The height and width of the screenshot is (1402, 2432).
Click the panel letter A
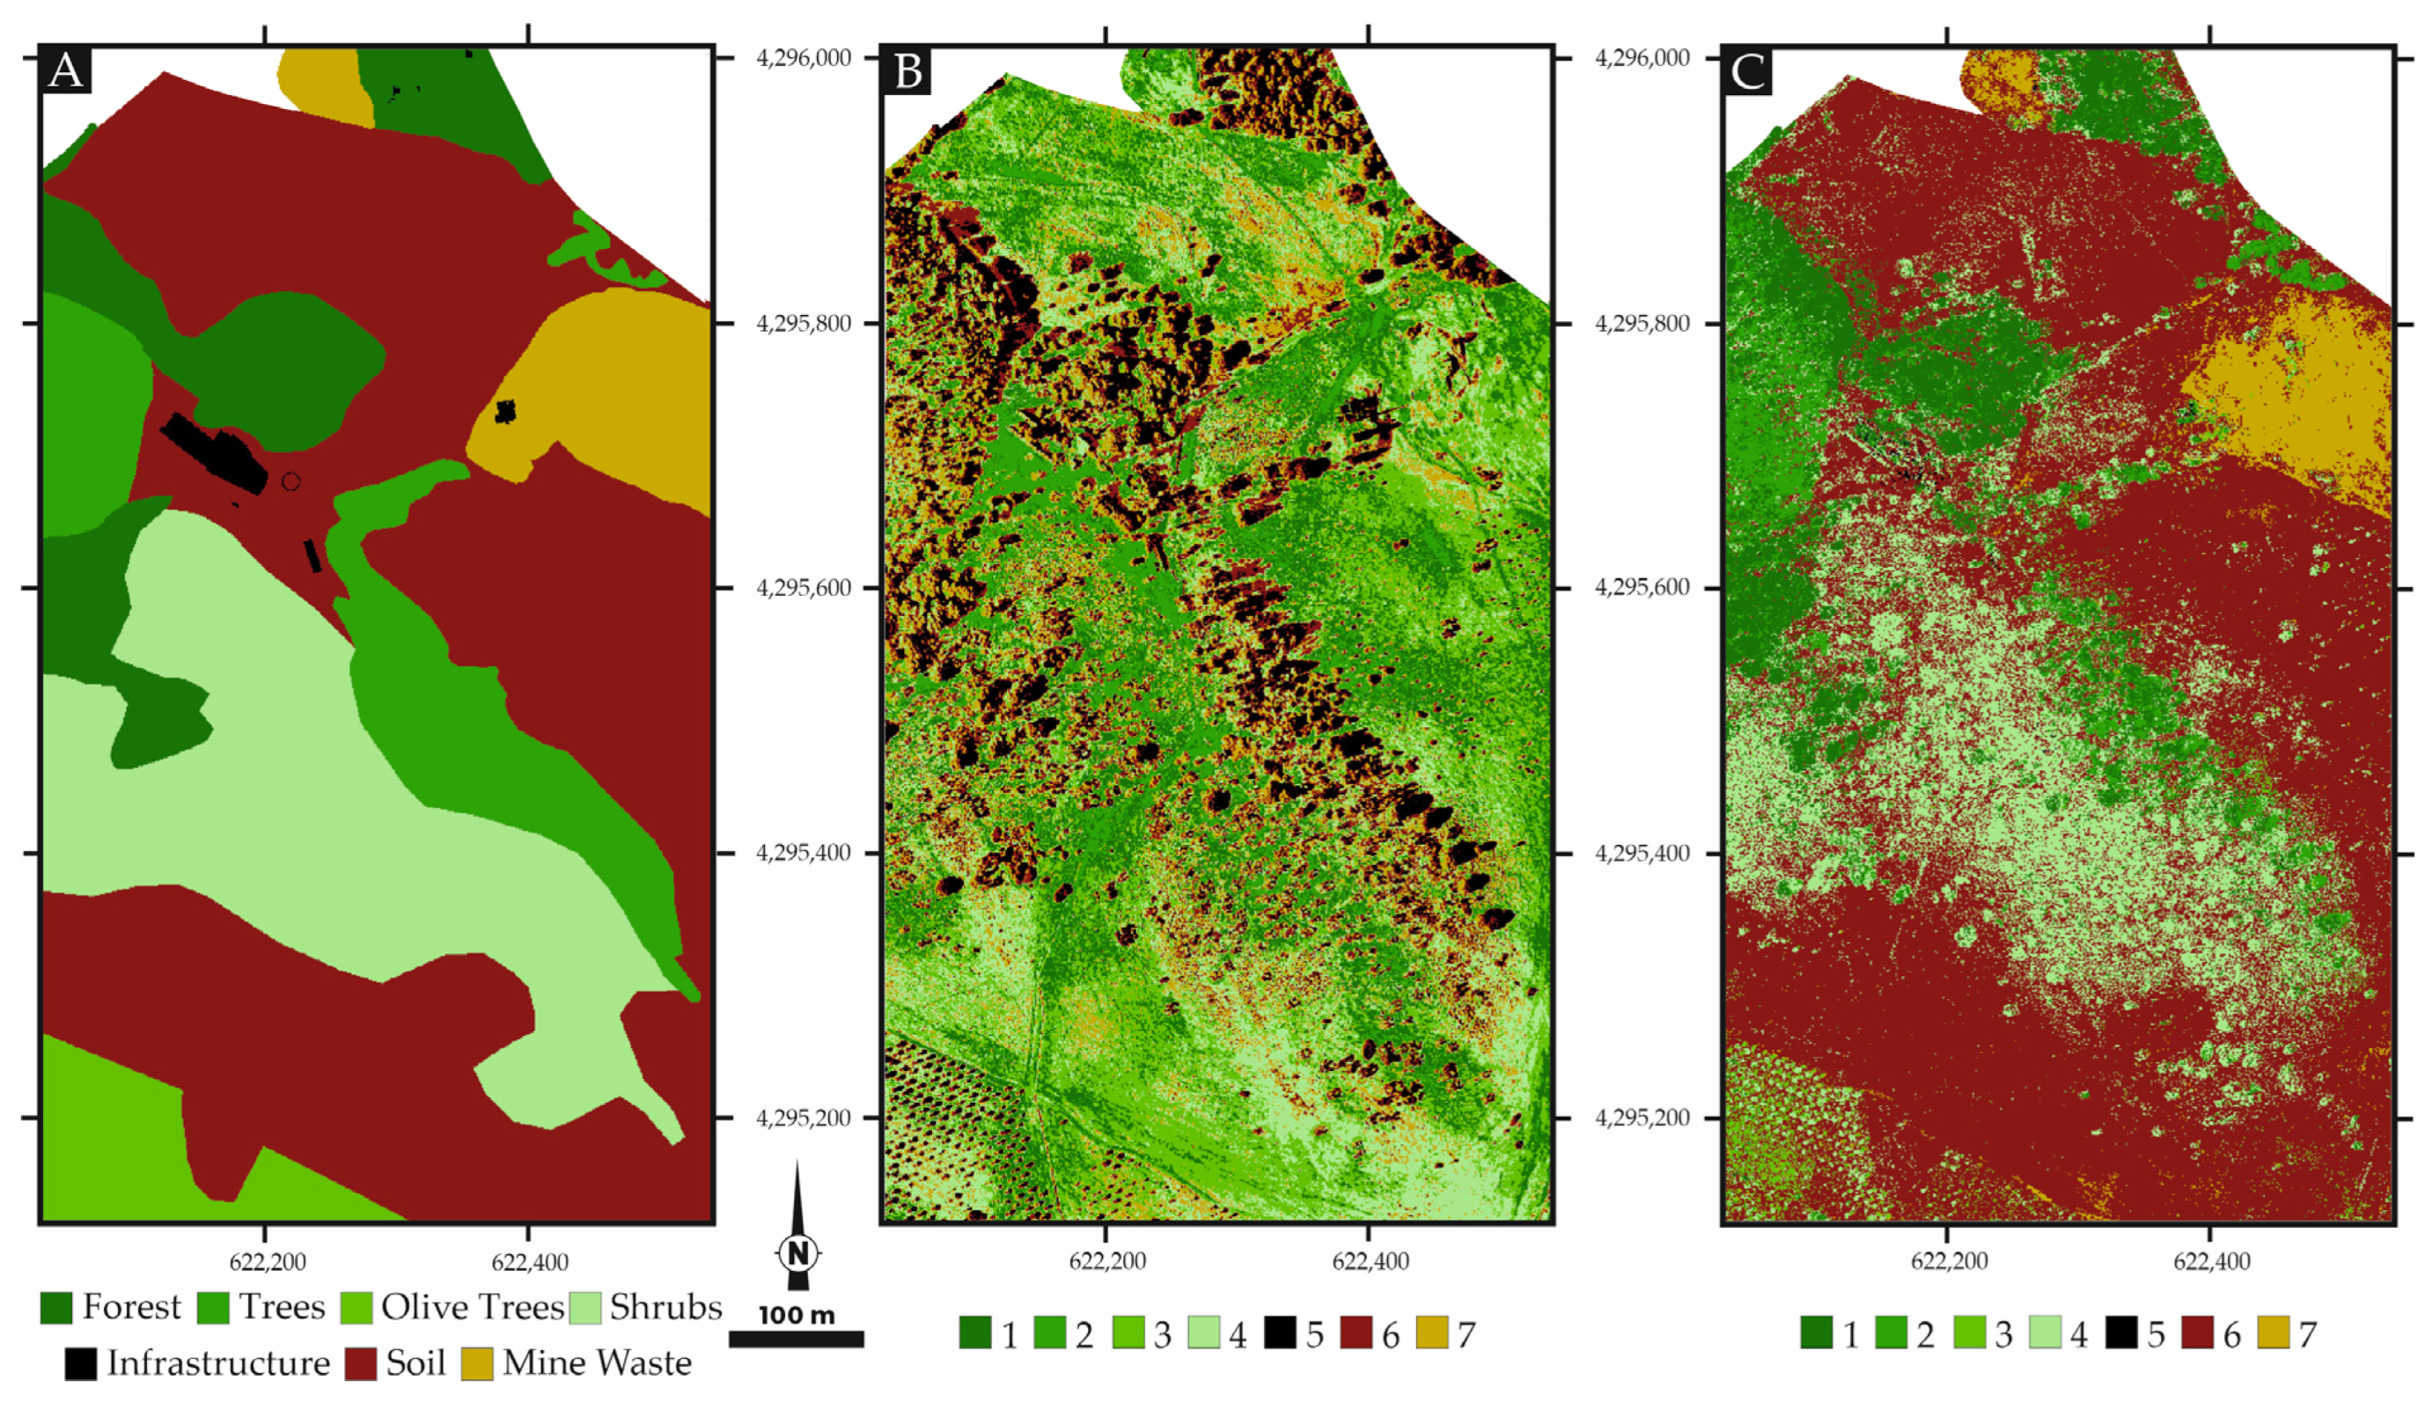65,70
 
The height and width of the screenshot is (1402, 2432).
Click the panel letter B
907,70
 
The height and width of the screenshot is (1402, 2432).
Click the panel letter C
1747,70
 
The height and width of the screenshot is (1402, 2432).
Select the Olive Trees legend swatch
356,1308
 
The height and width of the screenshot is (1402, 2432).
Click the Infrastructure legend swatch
81,1363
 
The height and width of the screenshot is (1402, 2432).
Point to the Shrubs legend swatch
585,1308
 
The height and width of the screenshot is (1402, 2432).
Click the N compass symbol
797,1252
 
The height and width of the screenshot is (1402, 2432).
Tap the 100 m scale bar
797,1339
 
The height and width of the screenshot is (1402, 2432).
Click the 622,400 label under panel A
530,1261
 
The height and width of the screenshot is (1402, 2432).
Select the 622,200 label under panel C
1949,1261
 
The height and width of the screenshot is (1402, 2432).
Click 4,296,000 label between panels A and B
805,58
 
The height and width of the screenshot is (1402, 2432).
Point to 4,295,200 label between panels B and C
1642,1118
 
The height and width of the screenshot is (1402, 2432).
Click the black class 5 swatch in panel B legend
1280,1334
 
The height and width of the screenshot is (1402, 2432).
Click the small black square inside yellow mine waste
504,412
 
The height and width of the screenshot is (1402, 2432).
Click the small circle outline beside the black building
290,481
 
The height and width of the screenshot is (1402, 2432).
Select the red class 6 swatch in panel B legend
1356,1334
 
